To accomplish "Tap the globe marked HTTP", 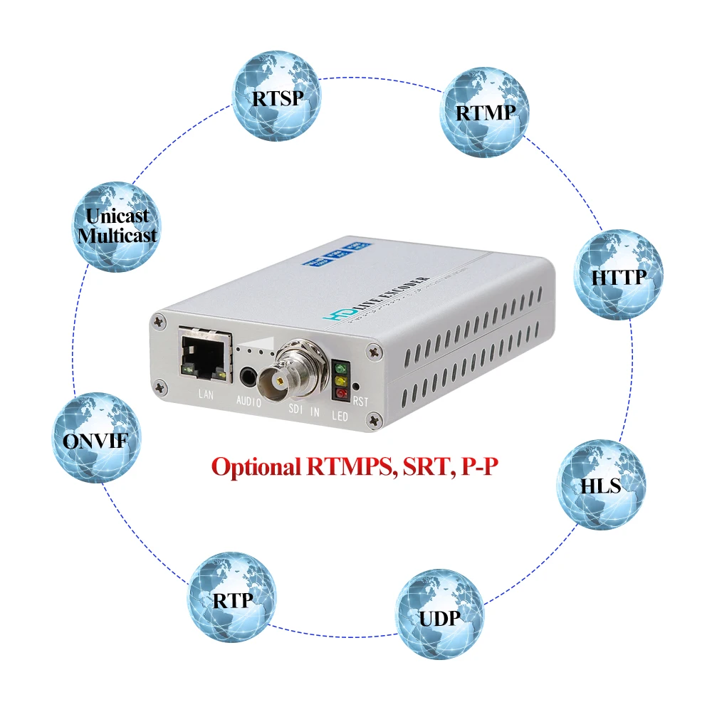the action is [x=618, y=274].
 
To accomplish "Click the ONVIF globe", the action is [x=96, y=439].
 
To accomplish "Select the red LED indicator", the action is [x=341, y=393].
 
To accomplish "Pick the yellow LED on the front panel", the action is [x=341, y=382].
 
